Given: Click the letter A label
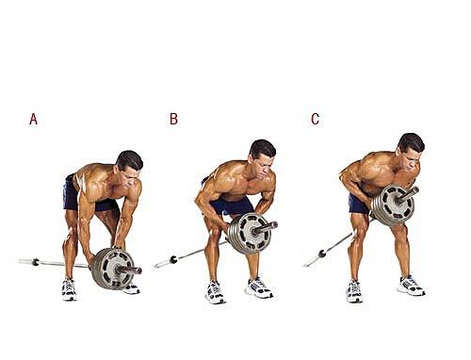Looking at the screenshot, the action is (33, 119).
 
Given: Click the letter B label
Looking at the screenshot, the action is (173, 119).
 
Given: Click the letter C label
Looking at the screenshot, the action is (316, 119).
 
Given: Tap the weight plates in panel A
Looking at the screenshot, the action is (112, 269).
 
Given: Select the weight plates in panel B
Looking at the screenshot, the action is (248, 234).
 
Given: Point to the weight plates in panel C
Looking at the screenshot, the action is (393, 205).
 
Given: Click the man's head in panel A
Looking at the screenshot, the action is (129, 167).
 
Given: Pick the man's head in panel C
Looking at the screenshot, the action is (411, 151).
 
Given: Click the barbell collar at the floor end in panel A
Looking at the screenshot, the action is (36, 262).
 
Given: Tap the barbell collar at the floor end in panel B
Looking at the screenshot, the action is (173, 260).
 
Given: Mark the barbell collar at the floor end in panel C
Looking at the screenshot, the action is (322, 254).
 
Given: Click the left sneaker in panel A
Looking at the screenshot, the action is (69, 289).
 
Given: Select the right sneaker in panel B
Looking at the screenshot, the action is (259, 287).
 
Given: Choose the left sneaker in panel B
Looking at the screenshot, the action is (215, 292).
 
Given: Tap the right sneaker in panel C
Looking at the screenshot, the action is (412, 286).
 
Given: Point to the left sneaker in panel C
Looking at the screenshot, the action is (354, 291).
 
